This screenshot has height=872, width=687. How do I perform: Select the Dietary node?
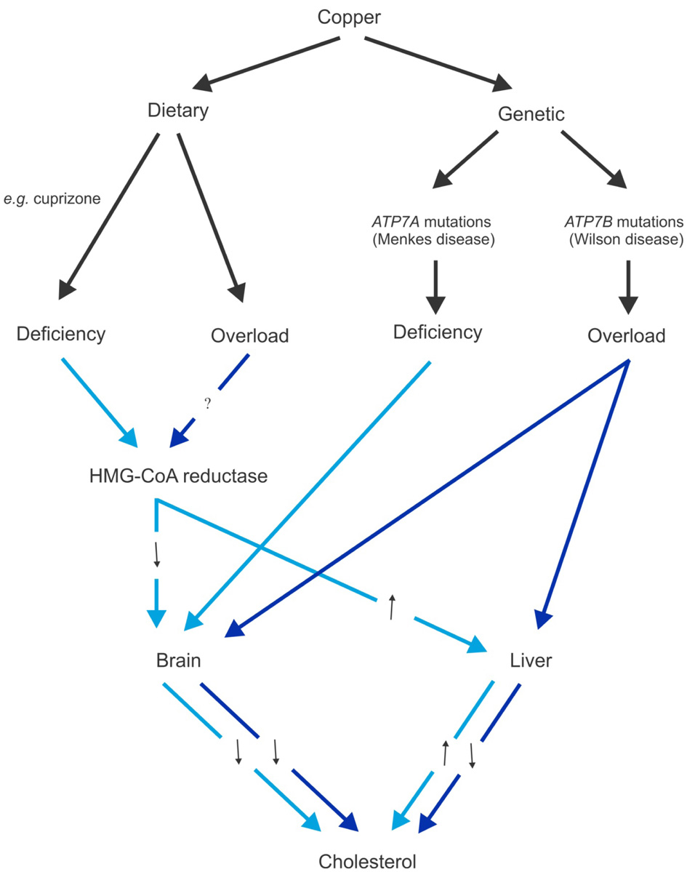click(x=178, y=111)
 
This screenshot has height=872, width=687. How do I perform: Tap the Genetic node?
click(x=531, y=114)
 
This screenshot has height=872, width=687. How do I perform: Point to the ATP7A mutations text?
click(x=433, y=221)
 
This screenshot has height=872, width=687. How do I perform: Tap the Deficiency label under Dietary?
click(x=61, y=334)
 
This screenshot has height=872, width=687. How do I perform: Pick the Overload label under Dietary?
click(x=249, y=336)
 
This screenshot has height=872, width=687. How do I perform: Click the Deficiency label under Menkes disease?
click(x=438, y=332)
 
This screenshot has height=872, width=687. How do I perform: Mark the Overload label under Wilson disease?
click(x=626, y=336)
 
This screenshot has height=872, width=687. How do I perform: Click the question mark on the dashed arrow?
click(x=208, y=405)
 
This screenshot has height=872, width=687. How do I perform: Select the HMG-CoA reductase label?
click(x=176, y=476)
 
